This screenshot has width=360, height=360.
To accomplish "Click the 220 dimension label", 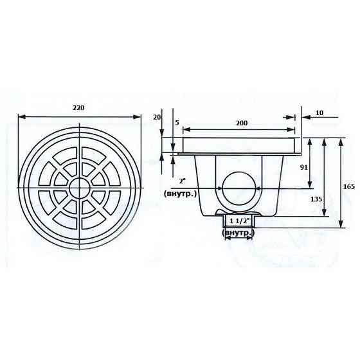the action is (x=78, y=108).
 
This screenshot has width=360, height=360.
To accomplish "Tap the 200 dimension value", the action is (x=242, y=123).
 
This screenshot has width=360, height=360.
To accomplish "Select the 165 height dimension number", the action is (x=349, y=186).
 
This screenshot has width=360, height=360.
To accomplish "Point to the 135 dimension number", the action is (x=316, y=199).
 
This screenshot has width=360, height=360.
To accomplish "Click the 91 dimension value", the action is (x=303, y=167).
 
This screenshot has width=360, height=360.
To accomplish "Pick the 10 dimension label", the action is (x=319, y=113).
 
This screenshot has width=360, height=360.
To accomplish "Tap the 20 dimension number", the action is (x=157, y=117).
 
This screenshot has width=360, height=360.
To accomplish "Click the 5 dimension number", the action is (x=177, y=123).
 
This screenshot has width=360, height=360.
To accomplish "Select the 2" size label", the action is (x=182, y=181).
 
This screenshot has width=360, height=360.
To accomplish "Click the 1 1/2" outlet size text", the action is (x=239, y=221).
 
